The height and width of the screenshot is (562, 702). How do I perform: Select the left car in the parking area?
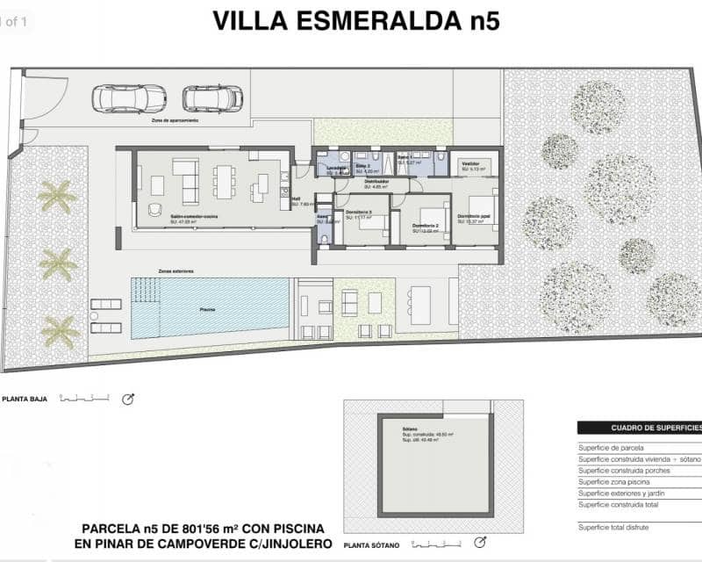coord(129,98)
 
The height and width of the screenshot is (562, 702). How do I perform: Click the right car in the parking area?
coord(212,98)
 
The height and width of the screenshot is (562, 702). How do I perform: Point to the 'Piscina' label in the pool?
coord(207,310)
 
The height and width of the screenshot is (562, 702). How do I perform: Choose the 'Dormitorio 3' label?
coord(358,213)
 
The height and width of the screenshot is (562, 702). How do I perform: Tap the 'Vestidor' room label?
coord(470,164)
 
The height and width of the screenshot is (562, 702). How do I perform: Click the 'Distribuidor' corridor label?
coord(376,182)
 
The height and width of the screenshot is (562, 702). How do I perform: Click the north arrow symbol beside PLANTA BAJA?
coord(128,400)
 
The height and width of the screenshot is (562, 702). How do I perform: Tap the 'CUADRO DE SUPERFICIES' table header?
coord(646,428)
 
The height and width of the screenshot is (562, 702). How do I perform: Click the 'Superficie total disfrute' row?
coord(623,527)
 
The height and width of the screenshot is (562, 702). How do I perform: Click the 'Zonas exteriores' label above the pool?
coord(175,271)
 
